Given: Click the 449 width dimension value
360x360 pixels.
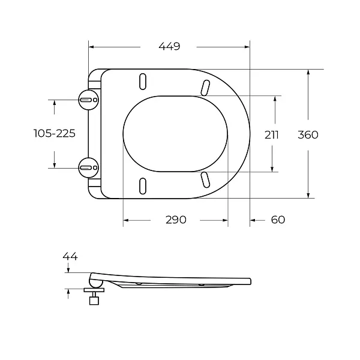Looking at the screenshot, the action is (169, 46).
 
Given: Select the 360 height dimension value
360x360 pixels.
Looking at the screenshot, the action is (308, 135).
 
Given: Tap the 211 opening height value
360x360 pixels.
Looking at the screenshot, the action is (272, 135).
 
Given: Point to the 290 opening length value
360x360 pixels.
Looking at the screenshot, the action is (176, 220).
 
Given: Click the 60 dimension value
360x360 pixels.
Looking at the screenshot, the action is (278, 220).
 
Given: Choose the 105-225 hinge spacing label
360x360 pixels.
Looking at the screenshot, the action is (55, 133).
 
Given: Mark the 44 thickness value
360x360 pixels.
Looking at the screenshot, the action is (70, 256).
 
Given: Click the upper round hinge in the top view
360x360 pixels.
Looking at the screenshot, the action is (89, 100).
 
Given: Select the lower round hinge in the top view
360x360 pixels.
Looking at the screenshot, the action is (89, 168).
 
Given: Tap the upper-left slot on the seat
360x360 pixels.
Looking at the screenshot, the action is (143, 82).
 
